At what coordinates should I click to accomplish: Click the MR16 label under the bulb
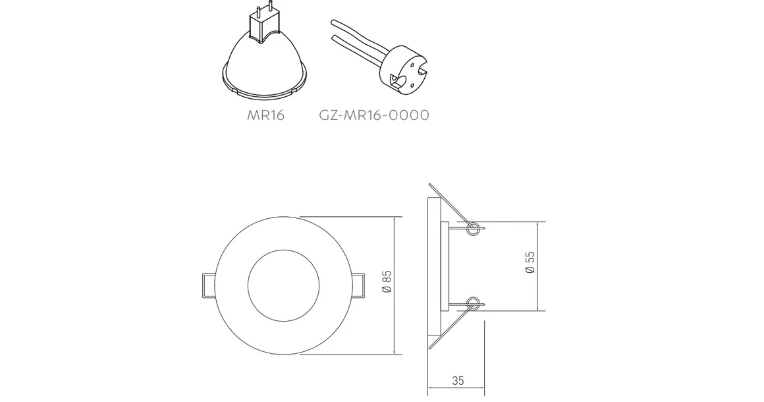265,115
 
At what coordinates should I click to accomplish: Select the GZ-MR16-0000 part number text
373,115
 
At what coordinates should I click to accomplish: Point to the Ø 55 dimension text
530,262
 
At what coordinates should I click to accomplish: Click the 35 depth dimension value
458,380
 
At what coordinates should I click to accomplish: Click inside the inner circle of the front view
281,285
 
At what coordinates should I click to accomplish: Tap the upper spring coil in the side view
472,229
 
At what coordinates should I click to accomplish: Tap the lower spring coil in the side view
472,303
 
